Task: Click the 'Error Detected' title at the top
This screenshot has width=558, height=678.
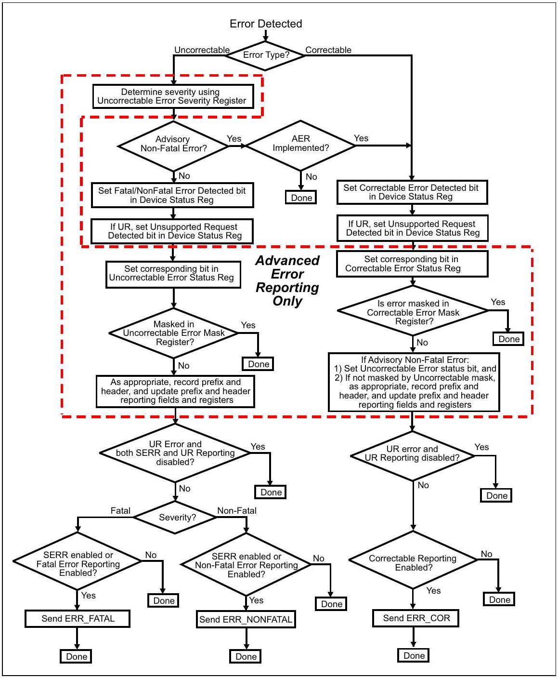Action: tap(266, 24)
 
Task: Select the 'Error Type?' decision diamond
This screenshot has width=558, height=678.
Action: tap(265, 55)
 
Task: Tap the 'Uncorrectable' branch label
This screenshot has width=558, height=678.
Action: tap(202, 50)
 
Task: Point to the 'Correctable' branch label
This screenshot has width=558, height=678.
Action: tap(328, 50)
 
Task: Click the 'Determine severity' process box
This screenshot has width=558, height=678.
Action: tap(173, 96)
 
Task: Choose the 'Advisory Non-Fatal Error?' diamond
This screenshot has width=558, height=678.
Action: tap(173, 146)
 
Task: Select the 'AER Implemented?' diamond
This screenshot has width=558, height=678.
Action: tap(300, 145)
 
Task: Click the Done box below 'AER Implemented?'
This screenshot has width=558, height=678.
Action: tap(301, 198)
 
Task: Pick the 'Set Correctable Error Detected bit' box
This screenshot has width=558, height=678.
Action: tap(412, 192)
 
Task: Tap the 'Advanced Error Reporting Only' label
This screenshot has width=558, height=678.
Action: tap(287, 280)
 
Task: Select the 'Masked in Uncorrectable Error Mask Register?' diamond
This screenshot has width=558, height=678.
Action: tap(174, 333)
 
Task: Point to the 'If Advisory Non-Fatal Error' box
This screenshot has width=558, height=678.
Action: tap(414, 382)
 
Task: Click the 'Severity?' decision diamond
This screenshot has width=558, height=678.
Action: tap(175, 517)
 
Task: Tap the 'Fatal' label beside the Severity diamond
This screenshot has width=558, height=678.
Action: tap(120, 510)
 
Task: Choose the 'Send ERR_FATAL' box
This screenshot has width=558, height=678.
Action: tap(77, 619)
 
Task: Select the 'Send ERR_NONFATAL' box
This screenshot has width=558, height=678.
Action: tap(246, 619)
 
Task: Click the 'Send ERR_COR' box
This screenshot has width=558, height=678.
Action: tap(416, 618)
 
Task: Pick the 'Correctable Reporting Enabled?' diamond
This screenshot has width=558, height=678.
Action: tap(413, 559)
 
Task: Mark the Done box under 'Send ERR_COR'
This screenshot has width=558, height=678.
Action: tap(413, 655)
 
